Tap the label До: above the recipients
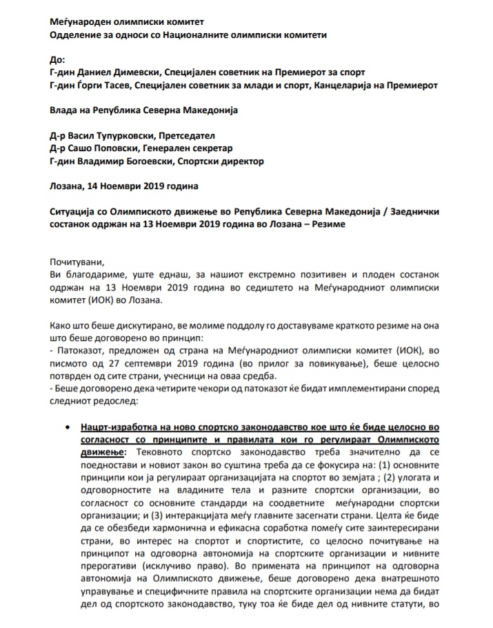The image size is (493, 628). tap(57, 59)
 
